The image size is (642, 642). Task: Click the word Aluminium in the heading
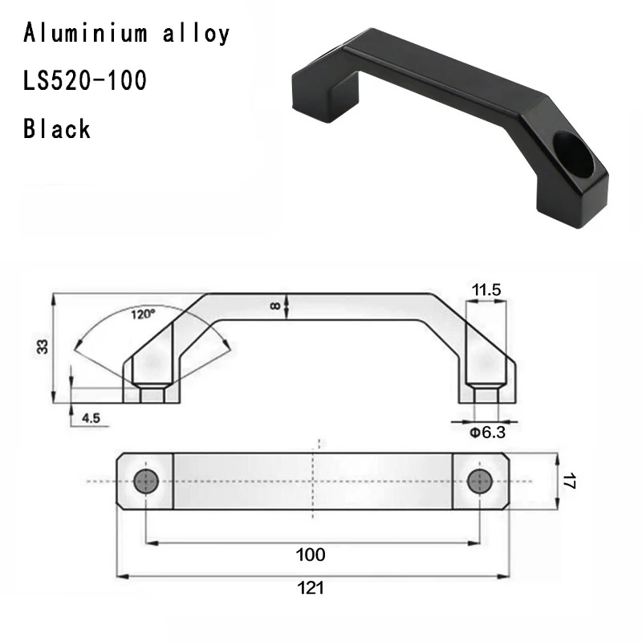pyautogui.click(x=84, y=34)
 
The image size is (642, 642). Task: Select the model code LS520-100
pyautogui.click(x=85, y=81)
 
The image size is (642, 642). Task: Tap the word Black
pyautogui.click(x=57, y=128)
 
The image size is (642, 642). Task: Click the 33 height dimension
pyautogui.click(x=43, y=347)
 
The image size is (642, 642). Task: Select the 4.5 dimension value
pyautogui.click(x=90, y=416)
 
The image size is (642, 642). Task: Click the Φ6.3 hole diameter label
pyautogui.click(x=486, y=433)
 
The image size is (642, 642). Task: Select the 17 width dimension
pyautogui.click(x=568, y=481)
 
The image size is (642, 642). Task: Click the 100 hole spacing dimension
pyautogui.click(x=311, y=555)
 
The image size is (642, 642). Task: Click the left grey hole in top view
pyautogui.click(x=145, y=481)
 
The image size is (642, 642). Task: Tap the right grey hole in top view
pyautogui.click(x=479, y=481)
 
